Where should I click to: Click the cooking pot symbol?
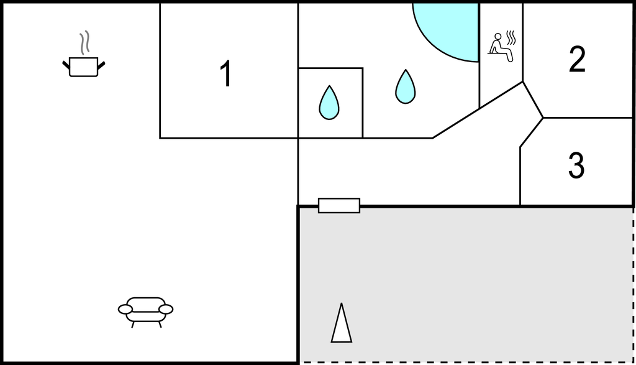coord(83,66)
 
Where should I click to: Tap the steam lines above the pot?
coord(84,43)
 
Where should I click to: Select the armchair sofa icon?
coord(146,310)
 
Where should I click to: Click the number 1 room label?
coord(226,74)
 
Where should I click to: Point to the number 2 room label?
coord(577,60)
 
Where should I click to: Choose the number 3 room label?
coord(576,165)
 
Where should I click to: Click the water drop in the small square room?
coord(329,103)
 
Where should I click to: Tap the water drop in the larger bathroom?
coord(405,86)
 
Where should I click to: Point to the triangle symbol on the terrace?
coord(341,323)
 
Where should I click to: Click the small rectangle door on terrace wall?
coord(339,205)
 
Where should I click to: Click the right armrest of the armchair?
coord(166,309)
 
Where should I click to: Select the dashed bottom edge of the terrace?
coord(466,363)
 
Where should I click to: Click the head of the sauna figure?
coord(497,37)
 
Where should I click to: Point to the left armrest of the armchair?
coord(125,309)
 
